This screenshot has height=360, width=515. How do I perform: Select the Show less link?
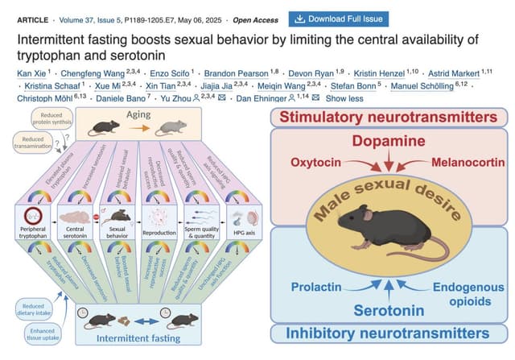[x=344, y=98]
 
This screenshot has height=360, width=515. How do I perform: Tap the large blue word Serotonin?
[x=389, y=310]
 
